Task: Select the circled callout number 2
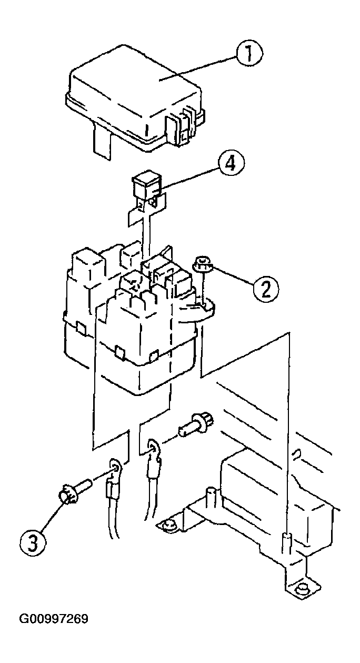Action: [x=264, y=288]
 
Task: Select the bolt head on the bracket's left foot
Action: [x=168, y=524]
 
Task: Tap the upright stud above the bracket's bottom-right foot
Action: [x=287, y=542]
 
